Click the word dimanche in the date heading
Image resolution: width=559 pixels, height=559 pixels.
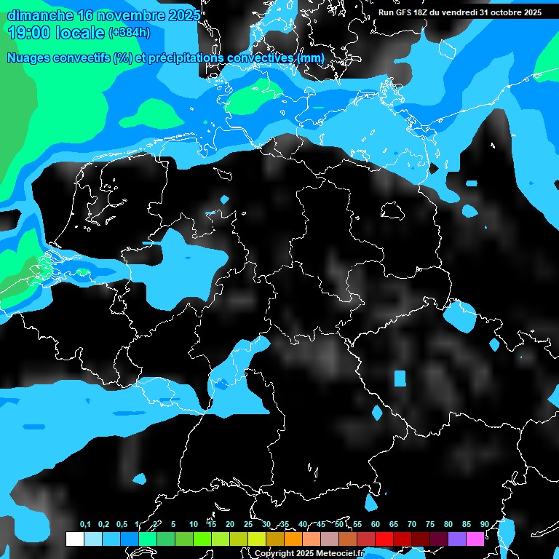point(38,15)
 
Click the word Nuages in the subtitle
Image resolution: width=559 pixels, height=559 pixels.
point(28,58)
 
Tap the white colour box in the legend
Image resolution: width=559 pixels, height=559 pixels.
point(74,539)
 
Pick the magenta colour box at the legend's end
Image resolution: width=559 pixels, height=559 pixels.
point(475,539)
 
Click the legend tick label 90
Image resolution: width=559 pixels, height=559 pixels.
point(484,524)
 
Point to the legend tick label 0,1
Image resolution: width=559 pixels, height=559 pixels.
point(85,524)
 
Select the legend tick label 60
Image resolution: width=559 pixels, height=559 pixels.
point(375,524)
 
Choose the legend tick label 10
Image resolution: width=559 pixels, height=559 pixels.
point(193,524)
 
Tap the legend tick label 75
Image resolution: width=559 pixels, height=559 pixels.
point(429,524)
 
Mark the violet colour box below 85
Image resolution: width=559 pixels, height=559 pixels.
point(456,539)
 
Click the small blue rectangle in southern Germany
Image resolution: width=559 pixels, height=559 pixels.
point(400,378)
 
